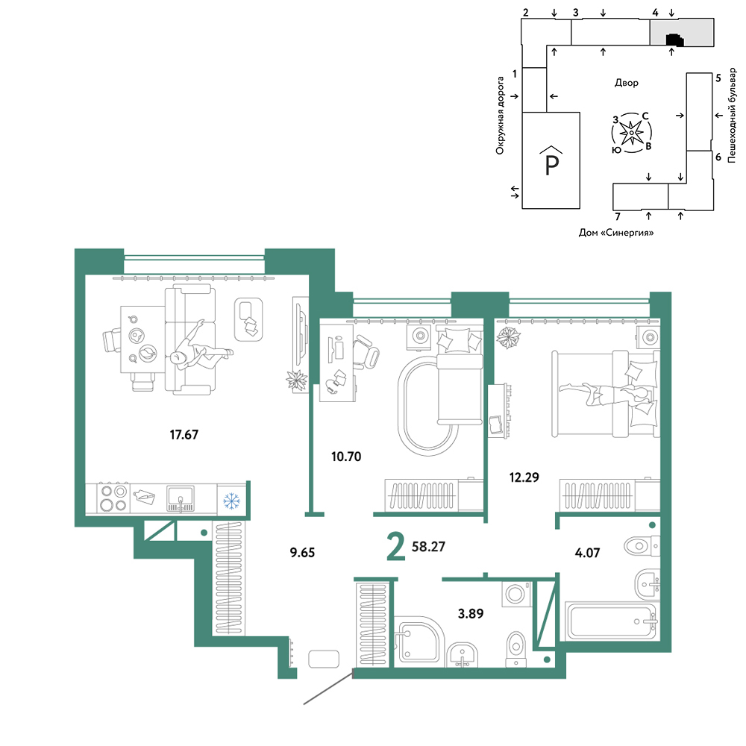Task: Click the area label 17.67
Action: click(184, 434)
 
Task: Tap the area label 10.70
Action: click(346, 457)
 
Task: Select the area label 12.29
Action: click(524, 477)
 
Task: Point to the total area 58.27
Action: click(429, 547)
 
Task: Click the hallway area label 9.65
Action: click(303, 552)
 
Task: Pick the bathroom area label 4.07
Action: click(588, 553)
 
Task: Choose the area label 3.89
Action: click(471, 614)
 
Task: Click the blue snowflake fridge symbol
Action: click(232, 501)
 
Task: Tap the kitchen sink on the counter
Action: click(181, 498)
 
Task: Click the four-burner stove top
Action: click(114, 498)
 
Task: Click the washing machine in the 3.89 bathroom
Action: click(516, 593)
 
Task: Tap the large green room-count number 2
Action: click(396, 547)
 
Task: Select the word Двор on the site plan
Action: click(627, 83)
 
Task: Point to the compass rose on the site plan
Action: click(632, 133)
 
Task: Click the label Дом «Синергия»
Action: click(616, 233)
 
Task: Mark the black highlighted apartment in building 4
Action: click(675, 40)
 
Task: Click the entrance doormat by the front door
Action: click(324, 659)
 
